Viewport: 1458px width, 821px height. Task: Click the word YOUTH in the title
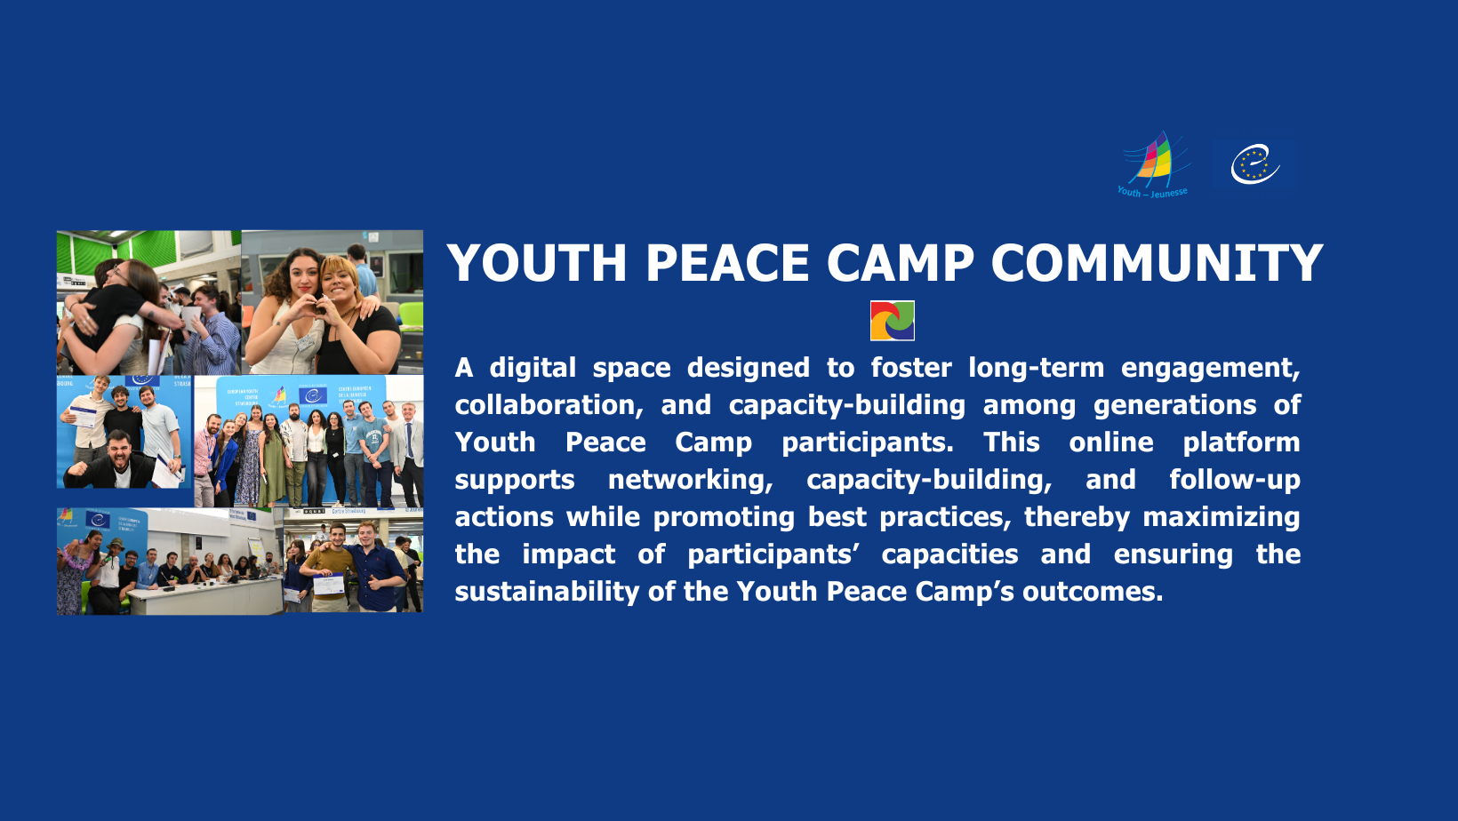tap(537, 263)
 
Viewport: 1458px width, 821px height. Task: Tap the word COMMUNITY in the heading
tap(1157, 263)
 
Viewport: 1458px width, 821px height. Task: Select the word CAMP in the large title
tap(901, 263)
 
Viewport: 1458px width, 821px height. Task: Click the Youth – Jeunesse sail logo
tap(1153, 165)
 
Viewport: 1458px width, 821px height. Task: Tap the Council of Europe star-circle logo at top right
tap(1254, 164)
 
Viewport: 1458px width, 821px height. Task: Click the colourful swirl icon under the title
tap(893, 321)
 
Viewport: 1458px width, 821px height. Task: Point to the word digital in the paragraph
tap(533, 368)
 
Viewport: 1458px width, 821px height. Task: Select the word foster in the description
tap(911, 368)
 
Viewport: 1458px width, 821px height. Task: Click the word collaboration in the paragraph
tap(548, 405)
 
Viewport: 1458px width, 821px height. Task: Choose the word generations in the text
tap(1174, 406)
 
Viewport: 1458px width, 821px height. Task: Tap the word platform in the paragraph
tap(1241, 443)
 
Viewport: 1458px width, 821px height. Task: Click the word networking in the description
tap(690, 481)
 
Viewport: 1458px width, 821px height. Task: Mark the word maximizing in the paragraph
tap(1222, 518)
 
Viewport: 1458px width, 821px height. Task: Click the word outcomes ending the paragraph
tap(1093, 592)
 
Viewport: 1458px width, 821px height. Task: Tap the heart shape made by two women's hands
tap(319, 305)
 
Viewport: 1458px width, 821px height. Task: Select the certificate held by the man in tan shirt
tap(329, 584)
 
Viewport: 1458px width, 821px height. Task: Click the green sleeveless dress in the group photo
tap(273, 463)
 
